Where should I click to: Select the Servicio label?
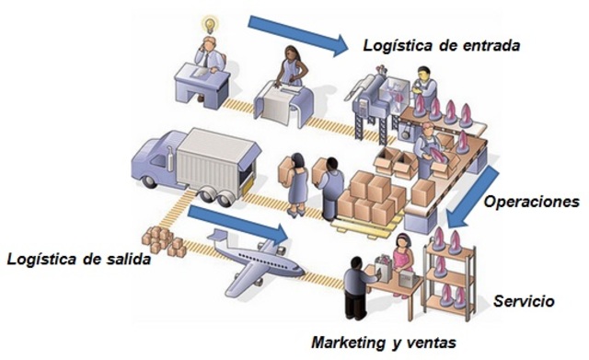(524, 301)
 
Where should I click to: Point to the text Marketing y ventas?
(382, 342)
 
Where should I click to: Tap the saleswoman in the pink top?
(402, 252)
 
